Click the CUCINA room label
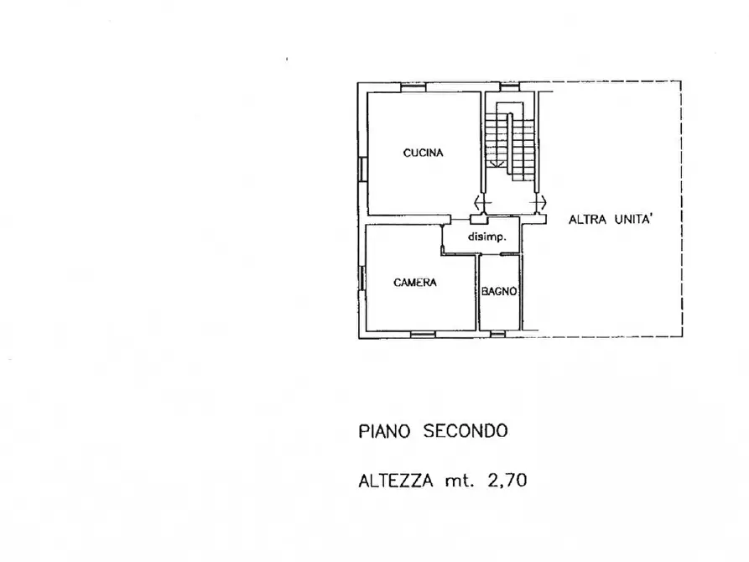click(x=423, y=153)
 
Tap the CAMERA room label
click(x=415, y=283)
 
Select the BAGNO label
click(x=498, y=292)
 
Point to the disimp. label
click(x=487, y=237)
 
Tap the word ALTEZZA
click(x=395, y=481)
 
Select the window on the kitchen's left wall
click(x=361, y=168)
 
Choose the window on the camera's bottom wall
click(x=423, y=334)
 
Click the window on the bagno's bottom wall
click(x=498, y=334)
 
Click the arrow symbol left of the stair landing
click(x=480, y=202)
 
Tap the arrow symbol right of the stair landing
click(x=541, y=202)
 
